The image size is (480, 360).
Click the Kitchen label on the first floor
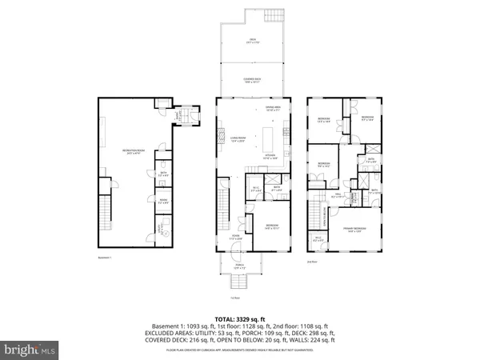270,158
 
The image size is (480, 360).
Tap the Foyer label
236,237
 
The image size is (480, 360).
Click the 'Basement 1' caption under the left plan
105,258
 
